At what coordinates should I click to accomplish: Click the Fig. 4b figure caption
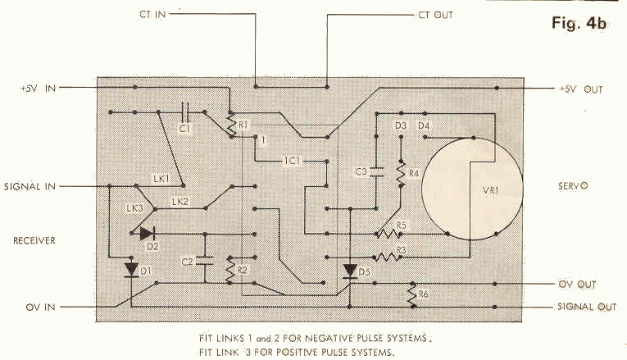579,23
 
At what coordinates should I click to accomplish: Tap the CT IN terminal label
152,15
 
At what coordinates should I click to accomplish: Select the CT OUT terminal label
436,16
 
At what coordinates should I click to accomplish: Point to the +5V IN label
38,89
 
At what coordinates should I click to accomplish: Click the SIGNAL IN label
30,186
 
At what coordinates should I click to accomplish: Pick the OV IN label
40,308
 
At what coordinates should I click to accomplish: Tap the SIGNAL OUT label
587,307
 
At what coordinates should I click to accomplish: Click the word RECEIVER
34,240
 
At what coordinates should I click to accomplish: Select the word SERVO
573,186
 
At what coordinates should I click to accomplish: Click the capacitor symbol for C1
185,112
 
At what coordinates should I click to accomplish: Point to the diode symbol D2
148,234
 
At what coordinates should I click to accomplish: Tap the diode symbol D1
132,270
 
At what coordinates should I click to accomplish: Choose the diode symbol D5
350,271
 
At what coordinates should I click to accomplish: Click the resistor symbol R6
412,295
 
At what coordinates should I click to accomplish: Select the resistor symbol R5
388,234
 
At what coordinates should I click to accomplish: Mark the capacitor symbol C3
376,172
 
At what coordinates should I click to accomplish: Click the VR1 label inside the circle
491,190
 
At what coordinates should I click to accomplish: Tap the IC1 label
292,161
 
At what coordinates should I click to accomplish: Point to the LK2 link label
180,202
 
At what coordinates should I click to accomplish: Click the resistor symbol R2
229,270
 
